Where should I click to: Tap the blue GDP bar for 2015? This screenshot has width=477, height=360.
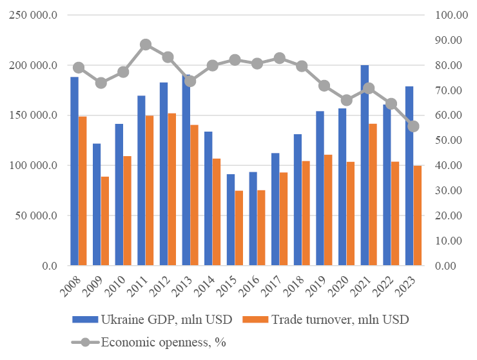point(231,220)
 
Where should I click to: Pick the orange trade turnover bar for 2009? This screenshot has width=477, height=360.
point(105,221)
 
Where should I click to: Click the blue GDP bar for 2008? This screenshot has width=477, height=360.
point(74,171)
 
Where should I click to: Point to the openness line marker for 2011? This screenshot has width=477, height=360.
point(146,45)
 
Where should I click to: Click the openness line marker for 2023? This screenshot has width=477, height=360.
point(413,126)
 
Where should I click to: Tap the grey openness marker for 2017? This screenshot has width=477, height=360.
point(280,58)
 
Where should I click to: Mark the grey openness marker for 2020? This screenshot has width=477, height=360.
point(346,100)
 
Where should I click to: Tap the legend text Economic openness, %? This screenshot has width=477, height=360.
point(165,343)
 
